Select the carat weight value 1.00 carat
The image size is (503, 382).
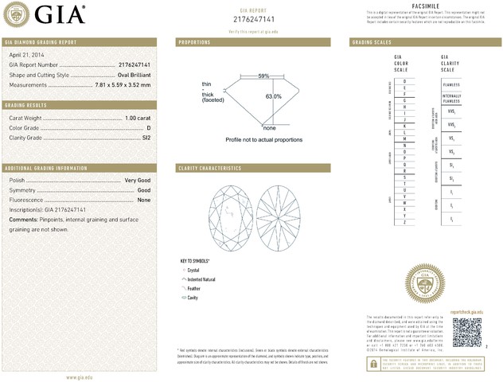click(x=137, y=118)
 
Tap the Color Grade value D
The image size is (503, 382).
click(x=148, y=127)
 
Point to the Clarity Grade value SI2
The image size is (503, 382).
click(x=145, y=138)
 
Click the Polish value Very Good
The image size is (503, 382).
click(x=138, y=181)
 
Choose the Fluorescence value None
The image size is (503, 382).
click(x=144, y=200)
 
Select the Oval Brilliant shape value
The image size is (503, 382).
click(x=128, y=74)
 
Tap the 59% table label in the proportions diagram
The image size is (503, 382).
click(x=263, y=76)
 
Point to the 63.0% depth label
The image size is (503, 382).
click(x=274, y=96)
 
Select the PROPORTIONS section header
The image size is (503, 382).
click(x=194, y=41)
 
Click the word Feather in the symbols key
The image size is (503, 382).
click(x=193, y=288)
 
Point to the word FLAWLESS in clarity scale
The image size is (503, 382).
click(x=451, y=82)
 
